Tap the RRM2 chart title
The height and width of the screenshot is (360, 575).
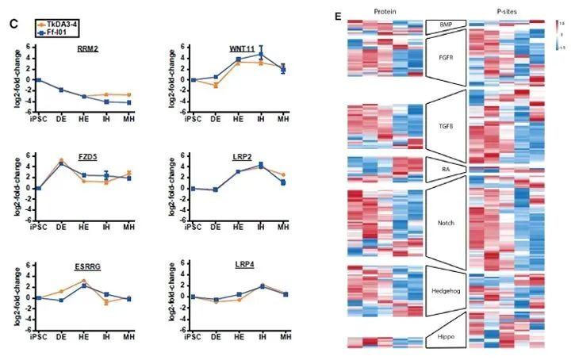[x=87, y=49]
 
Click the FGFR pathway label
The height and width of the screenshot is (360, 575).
[x=445, y=58]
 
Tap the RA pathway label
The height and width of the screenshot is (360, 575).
[x=445, y=168]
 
